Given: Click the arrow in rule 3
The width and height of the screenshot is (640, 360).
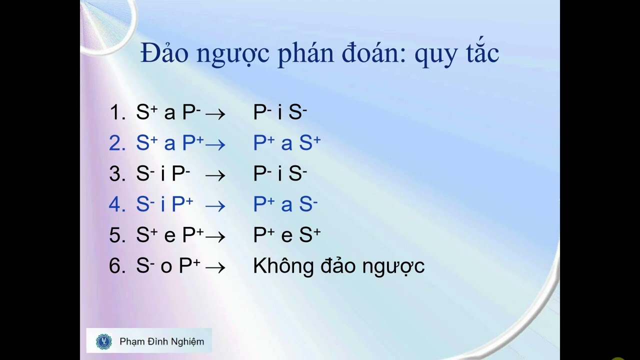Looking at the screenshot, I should tap(215, 175).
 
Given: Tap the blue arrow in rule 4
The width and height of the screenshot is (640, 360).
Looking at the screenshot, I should tap(215, 205).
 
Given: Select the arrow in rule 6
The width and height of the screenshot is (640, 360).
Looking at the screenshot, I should tap(215, 267).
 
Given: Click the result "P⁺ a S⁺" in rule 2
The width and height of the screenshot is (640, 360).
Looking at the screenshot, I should tap(286, 143).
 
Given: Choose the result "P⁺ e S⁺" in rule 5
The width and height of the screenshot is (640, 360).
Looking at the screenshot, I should tap(286, 235).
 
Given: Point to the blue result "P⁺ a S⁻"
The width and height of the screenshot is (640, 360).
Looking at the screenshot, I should tap(285, 204).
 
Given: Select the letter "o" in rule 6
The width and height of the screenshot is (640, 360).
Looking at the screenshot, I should tap(166, 267).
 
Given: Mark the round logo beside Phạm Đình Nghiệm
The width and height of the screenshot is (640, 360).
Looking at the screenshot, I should tap(104, 341).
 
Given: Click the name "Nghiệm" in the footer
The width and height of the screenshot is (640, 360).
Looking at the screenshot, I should tap(186, 342).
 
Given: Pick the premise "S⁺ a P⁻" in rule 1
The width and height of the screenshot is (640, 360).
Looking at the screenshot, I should tap(168, 112).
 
